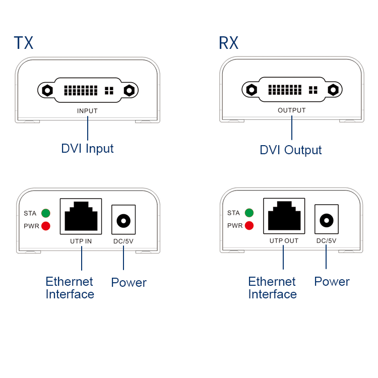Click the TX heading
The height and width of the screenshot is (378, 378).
tap(23, 43)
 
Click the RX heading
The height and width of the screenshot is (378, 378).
tap(228, 43)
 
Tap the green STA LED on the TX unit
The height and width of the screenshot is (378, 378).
tap(46, 213)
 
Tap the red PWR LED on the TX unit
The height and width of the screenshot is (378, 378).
tap(46, 226)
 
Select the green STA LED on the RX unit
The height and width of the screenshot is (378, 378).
tap(249, 213)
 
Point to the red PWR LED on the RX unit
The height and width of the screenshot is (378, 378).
tap(249, 225)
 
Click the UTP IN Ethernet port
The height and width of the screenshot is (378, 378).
tap(81, 216)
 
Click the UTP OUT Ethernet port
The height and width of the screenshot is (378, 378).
tap(284, 216)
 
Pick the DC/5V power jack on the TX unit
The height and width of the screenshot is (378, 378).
tap(123, 220)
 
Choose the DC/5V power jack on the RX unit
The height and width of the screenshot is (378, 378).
tap(326, 220)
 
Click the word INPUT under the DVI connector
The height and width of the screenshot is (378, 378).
tap(87, 111)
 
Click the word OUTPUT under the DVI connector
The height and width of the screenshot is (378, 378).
tap(291, 110)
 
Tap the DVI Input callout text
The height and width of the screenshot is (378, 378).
tap(87, 149)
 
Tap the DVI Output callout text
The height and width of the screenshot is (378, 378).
tap(290, 150)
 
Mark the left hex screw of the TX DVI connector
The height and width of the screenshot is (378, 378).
tap(47, 91)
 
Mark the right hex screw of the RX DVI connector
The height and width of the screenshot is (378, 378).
tap(333, 90)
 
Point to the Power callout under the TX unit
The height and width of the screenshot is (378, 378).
tap(129, 283)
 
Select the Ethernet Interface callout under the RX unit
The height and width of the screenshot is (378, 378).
tap(272, 288)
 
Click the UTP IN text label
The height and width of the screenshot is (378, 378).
tap(81, 241)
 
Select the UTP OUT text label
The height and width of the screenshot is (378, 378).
tap(284, 241)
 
